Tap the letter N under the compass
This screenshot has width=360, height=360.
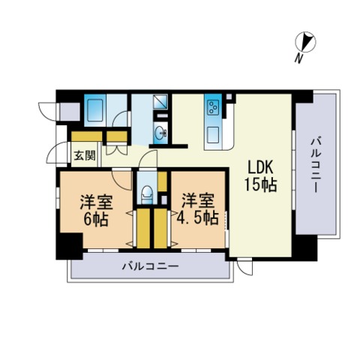(298, 58)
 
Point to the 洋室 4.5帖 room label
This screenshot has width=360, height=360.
(199, 209)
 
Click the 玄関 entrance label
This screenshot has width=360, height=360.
(84, 156)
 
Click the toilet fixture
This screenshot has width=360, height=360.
(147, 193)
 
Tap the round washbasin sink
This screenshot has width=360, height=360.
(160, 134)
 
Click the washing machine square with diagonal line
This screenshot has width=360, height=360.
(160, 103)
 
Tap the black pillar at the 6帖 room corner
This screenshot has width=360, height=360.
(70, 245)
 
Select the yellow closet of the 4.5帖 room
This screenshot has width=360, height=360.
(160, 229)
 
